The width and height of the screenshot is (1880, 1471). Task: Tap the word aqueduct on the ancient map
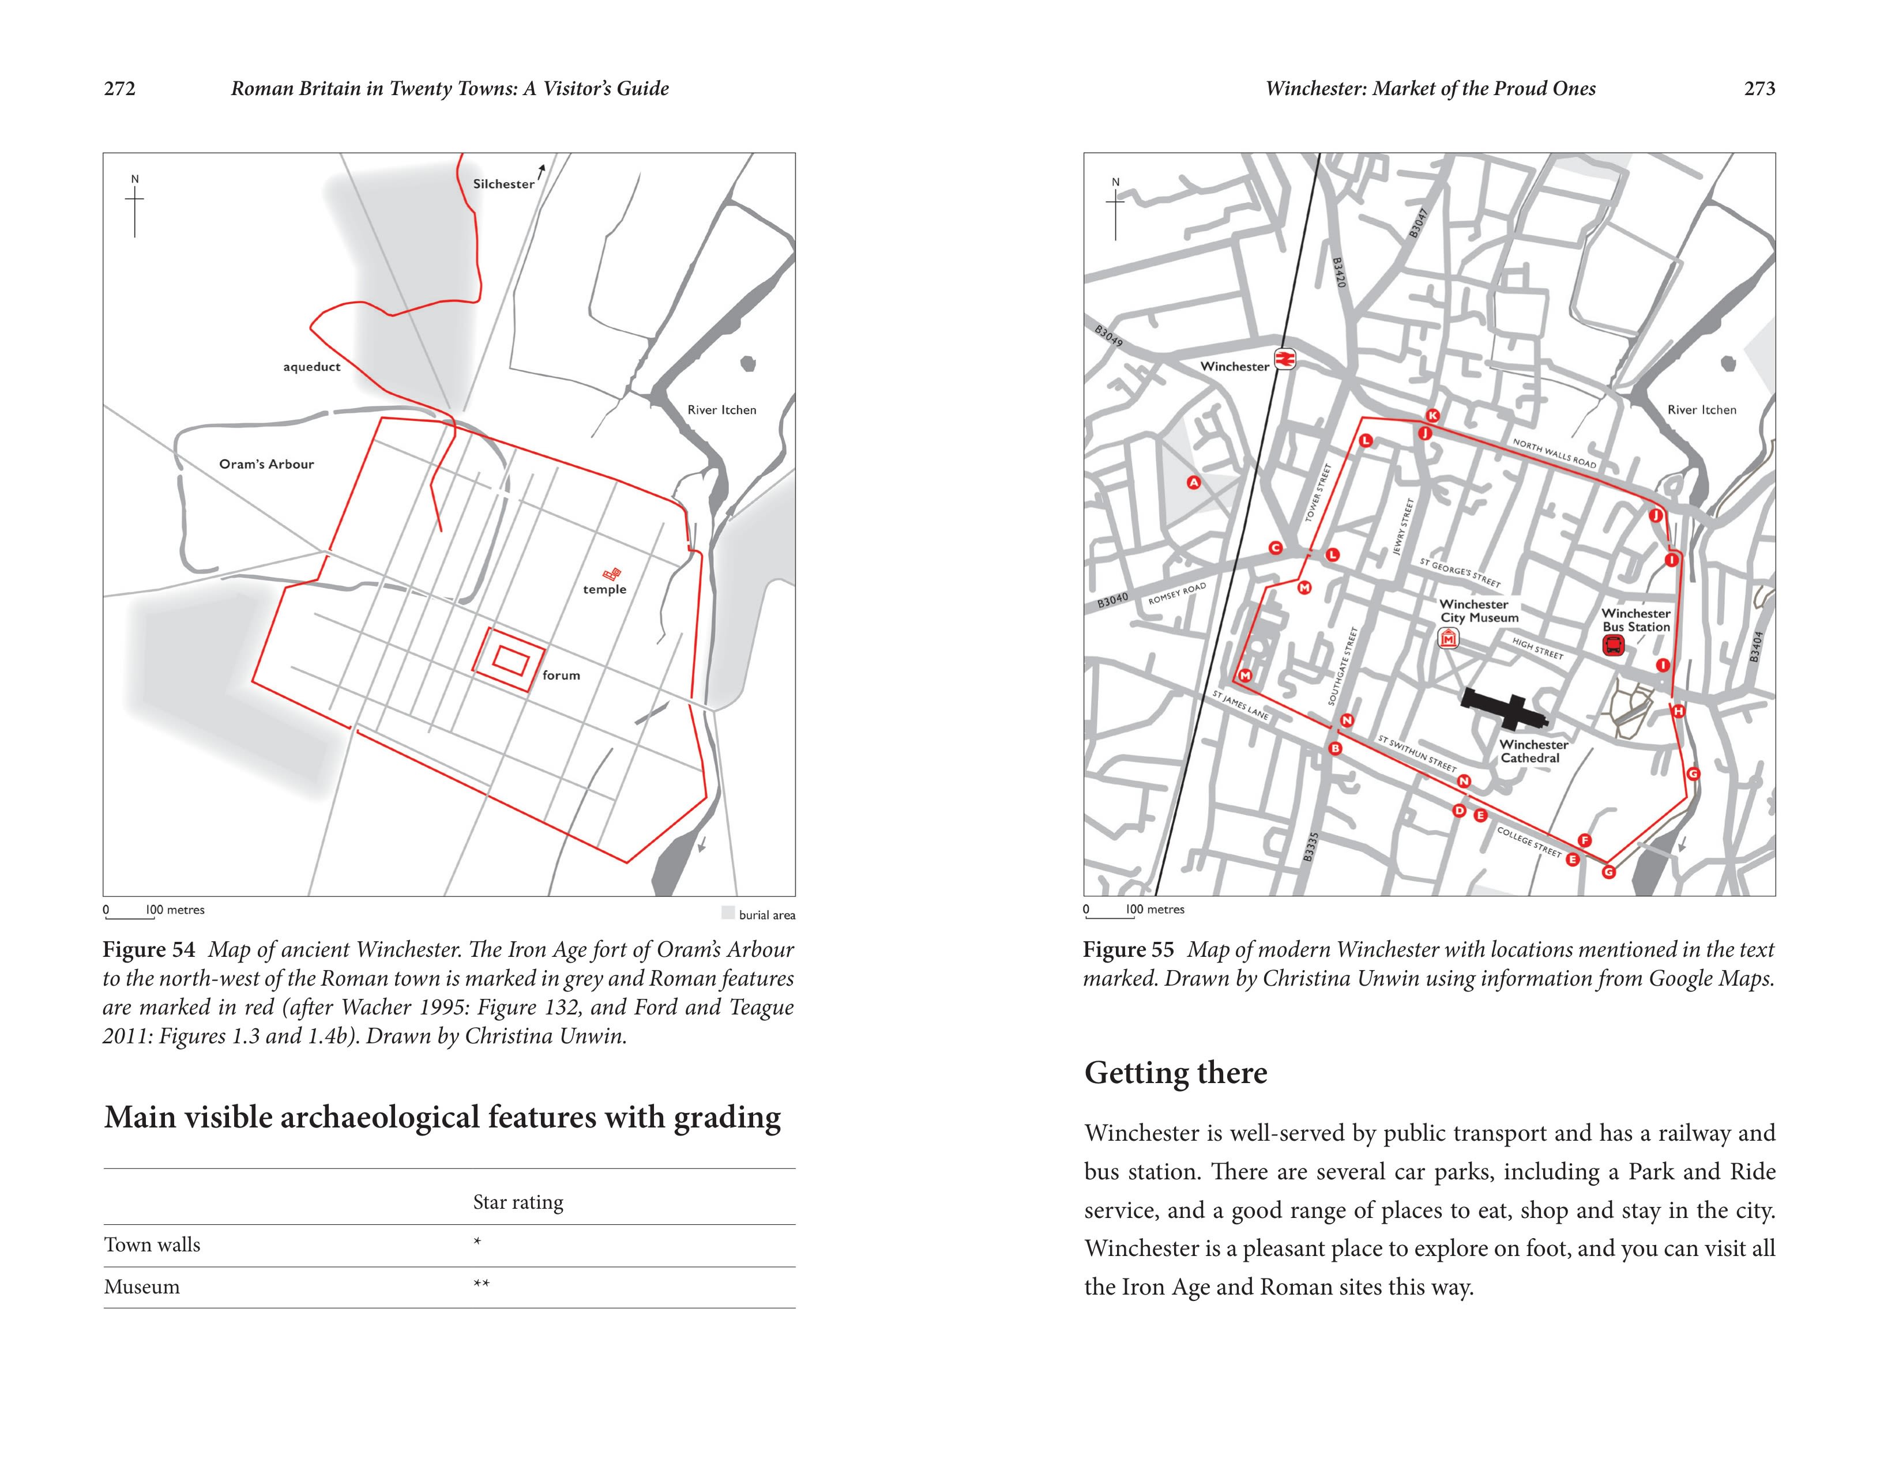click(312, 367)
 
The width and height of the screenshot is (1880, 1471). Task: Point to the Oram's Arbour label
click(266, 464)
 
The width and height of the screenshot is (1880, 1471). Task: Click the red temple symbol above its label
click(612, 574)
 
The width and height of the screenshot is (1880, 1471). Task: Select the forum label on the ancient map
click(561, 675)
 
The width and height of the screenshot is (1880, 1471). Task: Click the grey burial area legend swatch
click(728, 913)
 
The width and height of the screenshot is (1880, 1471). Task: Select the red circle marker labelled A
click(1193, 482)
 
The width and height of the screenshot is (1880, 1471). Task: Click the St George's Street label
click(1460, 573)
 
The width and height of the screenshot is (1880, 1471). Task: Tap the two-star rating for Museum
click(481, 1285)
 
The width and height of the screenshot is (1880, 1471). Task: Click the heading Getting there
click(1175, 1073)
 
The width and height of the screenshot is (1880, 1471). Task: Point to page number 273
click(1758, 89)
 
